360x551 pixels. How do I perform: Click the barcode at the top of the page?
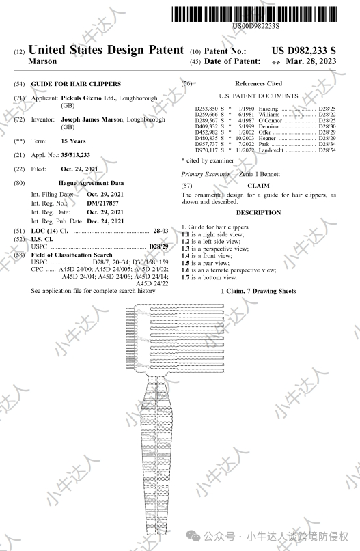(254, 14)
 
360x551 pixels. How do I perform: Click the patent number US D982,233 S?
(304, 51)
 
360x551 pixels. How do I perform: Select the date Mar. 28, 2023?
(311, 61)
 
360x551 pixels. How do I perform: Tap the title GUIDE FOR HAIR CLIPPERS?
(76, 84)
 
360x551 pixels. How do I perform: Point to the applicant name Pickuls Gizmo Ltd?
(89, 98)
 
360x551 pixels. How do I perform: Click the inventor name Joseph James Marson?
(92, 119)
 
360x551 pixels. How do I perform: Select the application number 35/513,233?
(76, 155)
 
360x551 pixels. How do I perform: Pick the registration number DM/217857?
(102, 203)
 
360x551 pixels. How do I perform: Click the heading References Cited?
(258, 83)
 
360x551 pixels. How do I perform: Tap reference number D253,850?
(206, 109)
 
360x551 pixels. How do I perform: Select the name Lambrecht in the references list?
(271, 150)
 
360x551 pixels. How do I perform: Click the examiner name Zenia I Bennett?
(260, 174)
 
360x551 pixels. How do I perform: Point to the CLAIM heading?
(258, 186)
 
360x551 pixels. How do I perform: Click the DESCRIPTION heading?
(258, 212)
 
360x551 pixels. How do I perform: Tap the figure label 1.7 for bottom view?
(185, 277)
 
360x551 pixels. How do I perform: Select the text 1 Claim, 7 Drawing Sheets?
(258, 291)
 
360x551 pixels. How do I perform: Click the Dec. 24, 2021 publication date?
(105, 221)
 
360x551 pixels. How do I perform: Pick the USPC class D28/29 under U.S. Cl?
(158, 246)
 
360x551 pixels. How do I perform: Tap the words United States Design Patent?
(106, 50)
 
